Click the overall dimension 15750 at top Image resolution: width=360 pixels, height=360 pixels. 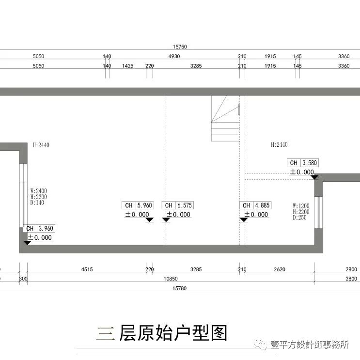point(180,47)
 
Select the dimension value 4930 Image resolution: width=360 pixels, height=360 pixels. point(174,57)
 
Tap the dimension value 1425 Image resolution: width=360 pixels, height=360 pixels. point(127,66)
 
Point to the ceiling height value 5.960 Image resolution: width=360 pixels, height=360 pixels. point(145,205)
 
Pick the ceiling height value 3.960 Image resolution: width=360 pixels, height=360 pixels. point(46,229)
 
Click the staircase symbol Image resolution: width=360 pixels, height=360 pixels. point(226,119)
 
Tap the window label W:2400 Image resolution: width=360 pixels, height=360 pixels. point(38,191)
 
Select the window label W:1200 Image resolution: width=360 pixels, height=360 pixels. point(301,205)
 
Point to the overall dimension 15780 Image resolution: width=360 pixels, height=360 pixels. point(180,288)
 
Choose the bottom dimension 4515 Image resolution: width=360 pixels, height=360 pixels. point(87,269)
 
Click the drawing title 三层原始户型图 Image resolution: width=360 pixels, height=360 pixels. point(162,333)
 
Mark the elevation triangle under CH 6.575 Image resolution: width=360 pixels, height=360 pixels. point(166,220)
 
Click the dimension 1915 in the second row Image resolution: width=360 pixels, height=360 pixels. point(270,66)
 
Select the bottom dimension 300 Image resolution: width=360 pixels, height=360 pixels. point(23,279)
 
